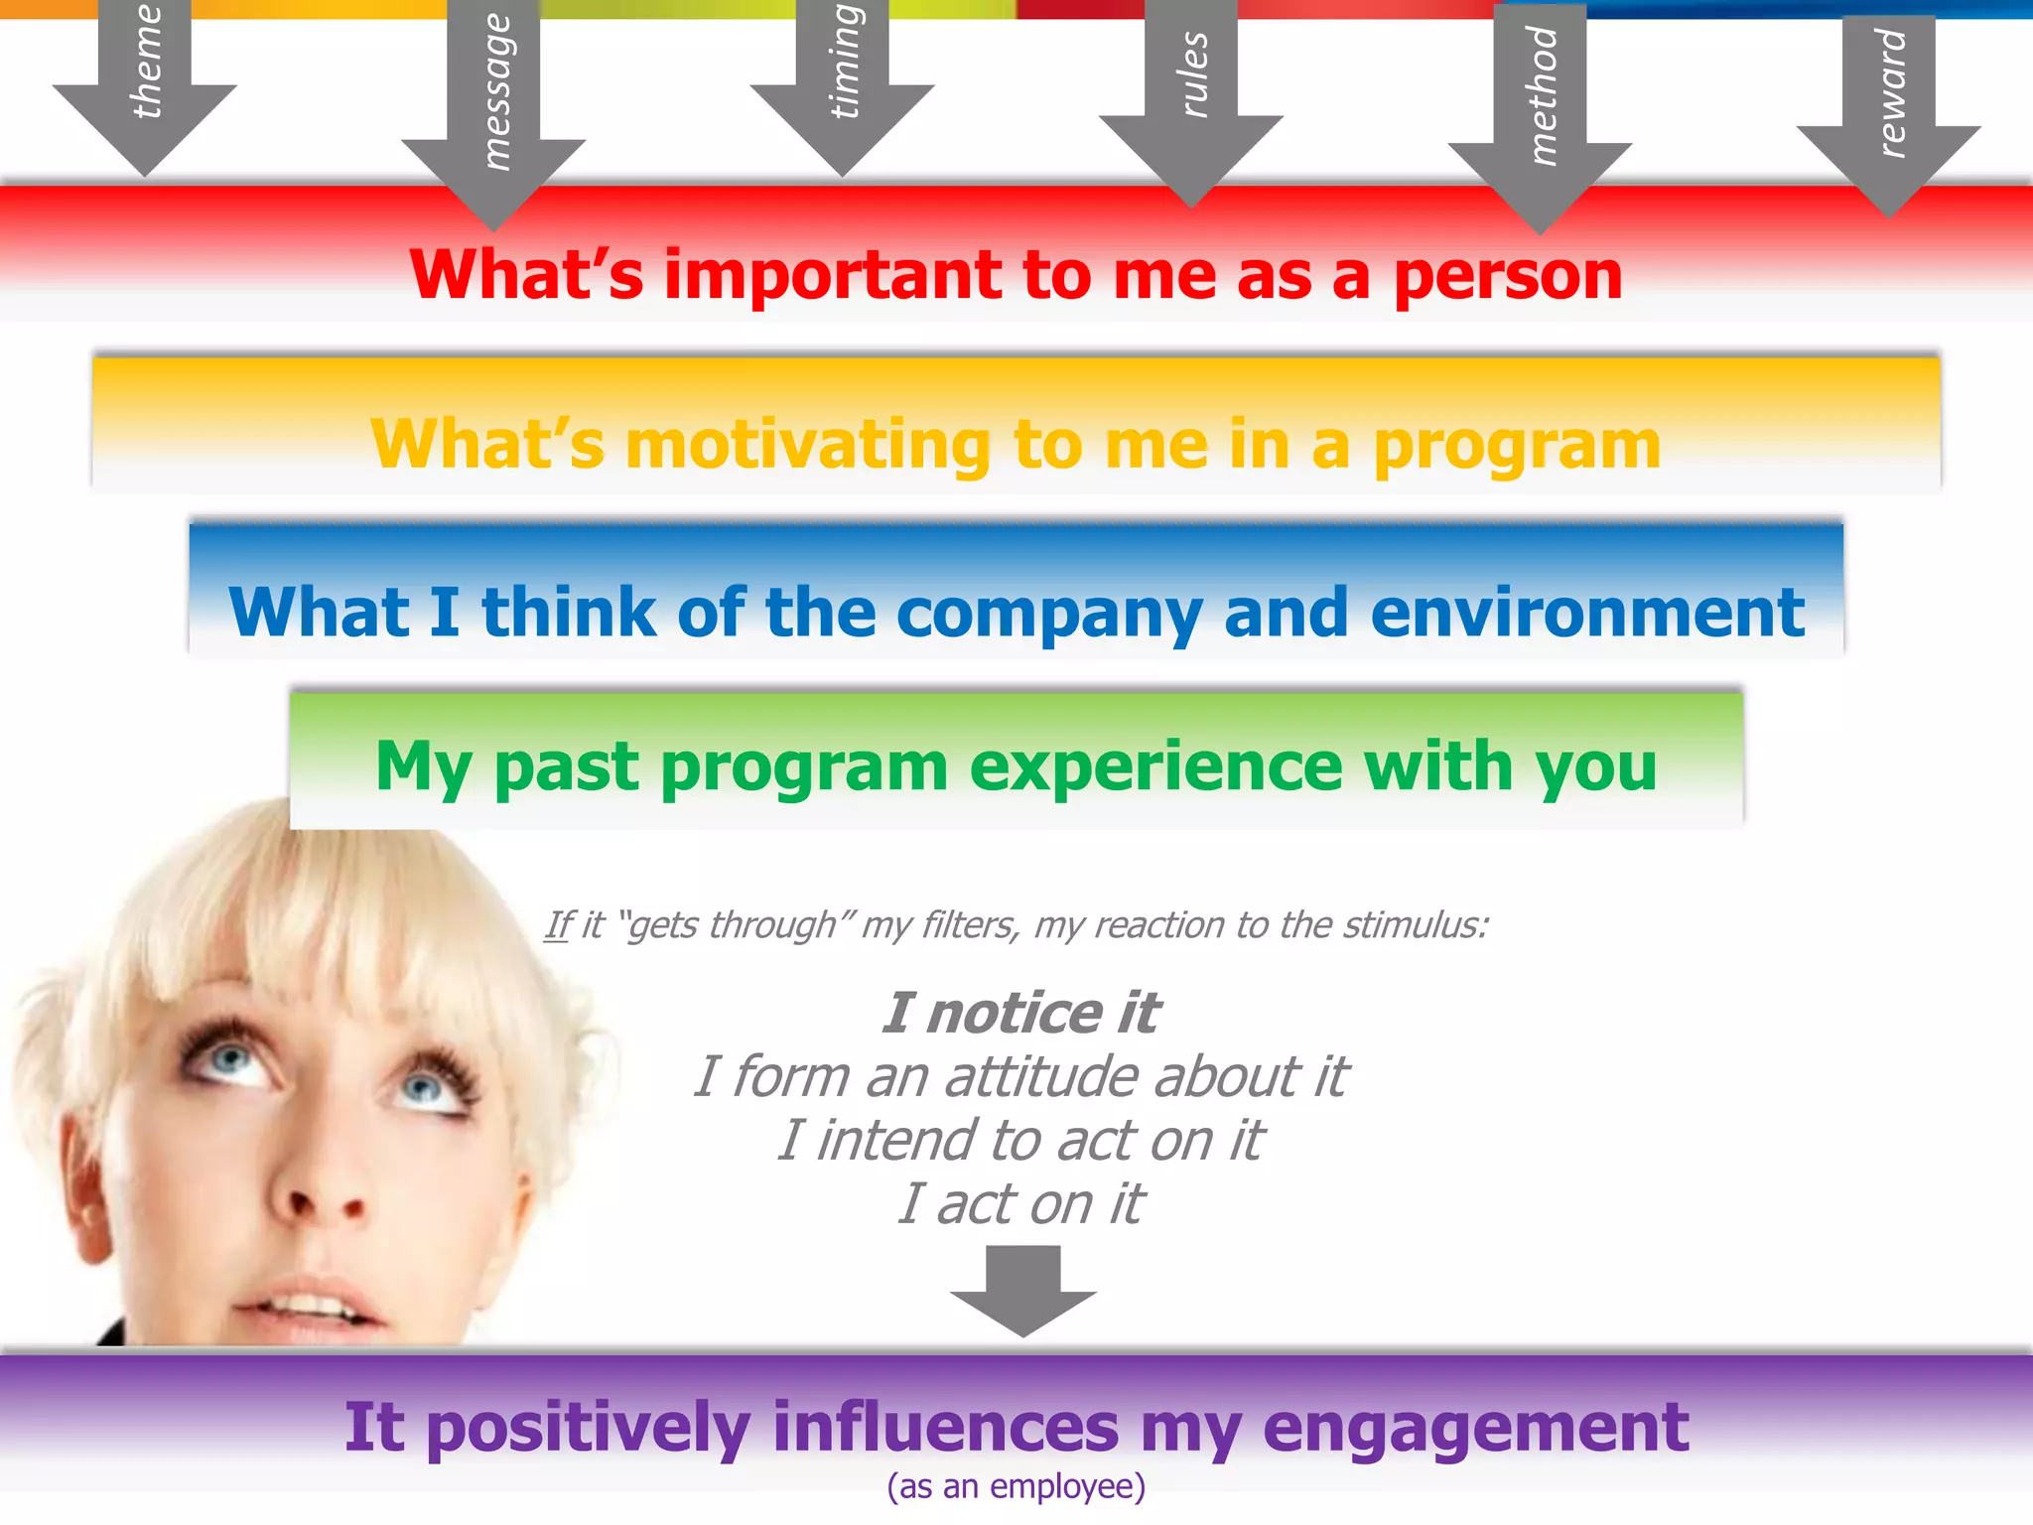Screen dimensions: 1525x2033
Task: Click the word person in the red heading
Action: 1507,277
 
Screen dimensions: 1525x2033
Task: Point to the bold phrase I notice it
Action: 1020,1013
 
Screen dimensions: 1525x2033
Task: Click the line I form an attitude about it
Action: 1020,1076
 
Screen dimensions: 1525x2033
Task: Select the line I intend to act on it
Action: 1020,1140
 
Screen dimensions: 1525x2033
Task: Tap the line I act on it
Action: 1020,1203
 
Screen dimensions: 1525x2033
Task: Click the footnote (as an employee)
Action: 1016,1486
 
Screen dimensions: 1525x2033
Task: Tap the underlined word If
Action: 558,925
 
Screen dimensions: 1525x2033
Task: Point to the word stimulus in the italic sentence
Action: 1416,925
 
